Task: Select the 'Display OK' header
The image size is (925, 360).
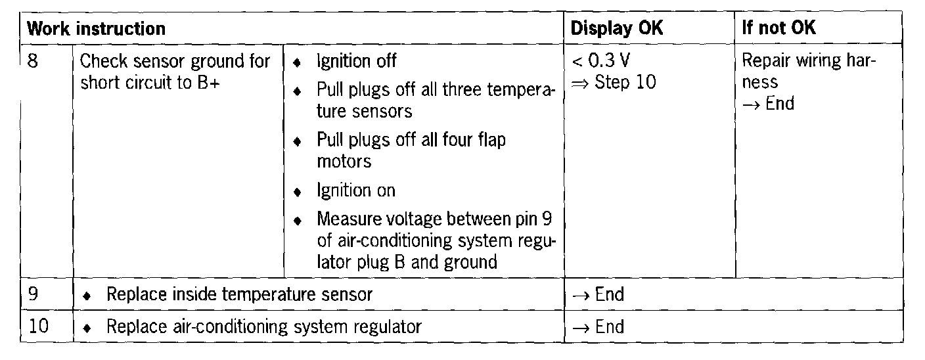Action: [x=617, y=29]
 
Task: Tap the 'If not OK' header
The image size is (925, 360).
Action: [x=778, y=29]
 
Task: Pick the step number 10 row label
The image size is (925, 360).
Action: [x=39, y=326]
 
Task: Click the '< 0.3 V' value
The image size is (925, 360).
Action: [x=600, y=62]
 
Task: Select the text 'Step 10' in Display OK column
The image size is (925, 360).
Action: [x=625, y=83]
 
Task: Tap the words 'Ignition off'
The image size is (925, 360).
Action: [x=357, y=62]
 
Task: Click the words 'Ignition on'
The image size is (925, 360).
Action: [x=356, y=191]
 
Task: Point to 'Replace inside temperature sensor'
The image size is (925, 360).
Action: [x=239, y=294]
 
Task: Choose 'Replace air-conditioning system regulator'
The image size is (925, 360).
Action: [x=263, y=326]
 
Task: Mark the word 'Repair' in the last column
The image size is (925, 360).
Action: [x=766, y=62]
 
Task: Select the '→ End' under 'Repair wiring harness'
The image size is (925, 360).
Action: [x=768, y=104]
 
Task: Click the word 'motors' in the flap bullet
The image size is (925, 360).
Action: [x=344, y=161]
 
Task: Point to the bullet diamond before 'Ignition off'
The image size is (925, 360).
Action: [x=298, y=63]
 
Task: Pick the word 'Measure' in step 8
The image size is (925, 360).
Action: [x=347, y=219]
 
